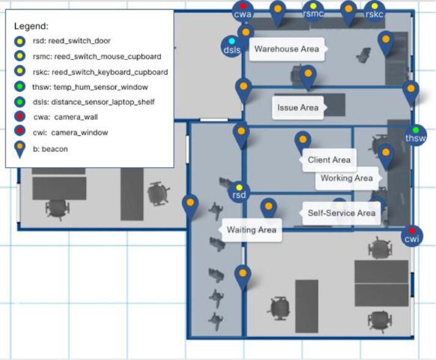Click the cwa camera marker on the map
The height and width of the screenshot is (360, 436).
pyautogui.click(x=243, y=11)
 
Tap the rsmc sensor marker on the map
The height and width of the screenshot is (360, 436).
pyautogui.click(x=313, y=11)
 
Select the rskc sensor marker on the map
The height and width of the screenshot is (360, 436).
pyautogui.click(x=374, y=11)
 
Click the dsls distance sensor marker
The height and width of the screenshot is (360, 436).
pyautogui.click(x=231, y=46)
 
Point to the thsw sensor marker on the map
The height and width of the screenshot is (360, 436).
pyautogui.click(x=415, y=135)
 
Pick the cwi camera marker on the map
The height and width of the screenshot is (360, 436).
pyautogui.click(x=412, y=236)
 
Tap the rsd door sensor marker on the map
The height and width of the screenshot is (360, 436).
pyautogui.click(x=239, y=192)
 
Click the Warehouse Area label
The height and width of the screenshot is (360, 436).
pyautogui.click(x=286, y=49)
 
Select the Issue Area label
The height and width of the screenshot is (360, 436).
pyautogui.click(x=298, y=108)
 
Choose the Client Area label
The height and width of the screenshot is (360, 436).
pyautogui.click(x=329, y=160)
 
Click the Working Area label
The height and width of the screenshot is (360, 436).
pyautogui.click(x=347, y=178)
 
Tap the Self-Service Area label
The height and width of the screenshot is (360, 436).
pyautogui.click(x=341, y=213)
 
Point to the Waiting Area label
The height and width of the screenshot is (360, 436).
pyautogui.click(x=252, y=230)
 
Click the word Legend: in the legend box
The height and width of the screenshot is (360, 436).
pyautogui.click(x=31, y=26)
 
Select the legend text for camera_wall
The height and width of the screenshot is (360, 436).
pyautogui.click(x=76, y=117)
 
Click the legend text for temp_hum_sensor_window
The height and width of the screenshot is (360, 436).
pyautogui.click(x=100, y=87)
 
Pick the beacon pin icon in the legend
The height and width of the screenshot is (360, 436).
pyautogui.click(x=20, y=149)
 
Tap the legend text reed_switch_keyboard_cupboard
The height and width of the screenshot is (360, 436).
pyautogui.click(x=110, y=72)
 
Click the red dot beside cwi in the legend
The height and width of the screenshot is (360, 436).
pyautogui.click(x=20, y=131)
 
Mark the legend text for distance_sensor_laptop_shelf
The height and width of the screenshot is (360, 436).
pyautogui.click(x=103, y=102)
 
